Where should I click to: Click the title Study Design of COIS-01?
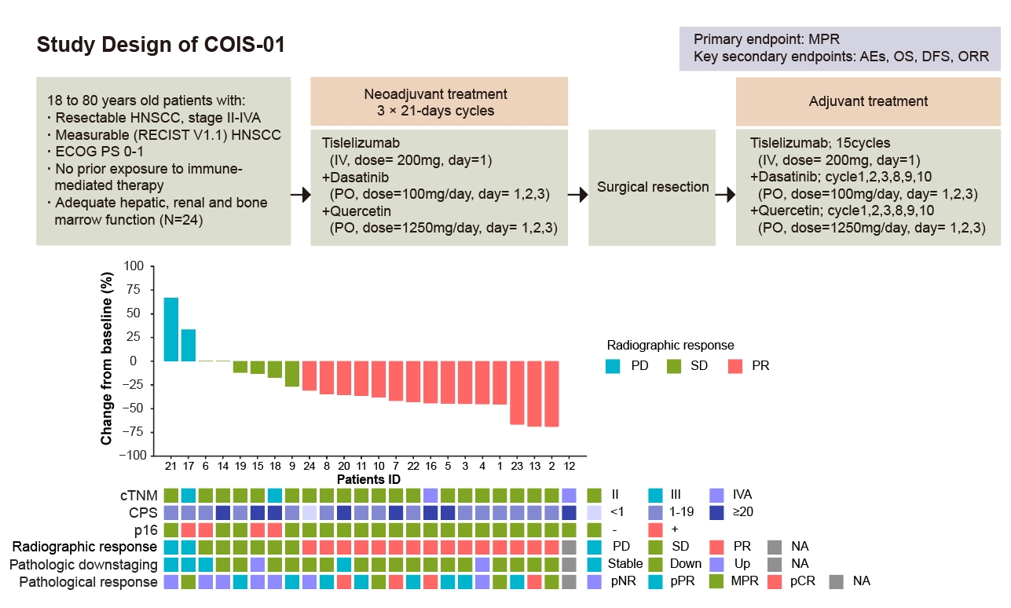coord(160,46)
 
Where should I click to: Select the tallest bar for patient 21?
coord(170,329)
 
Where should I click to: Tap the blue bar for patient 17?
coord(189,345)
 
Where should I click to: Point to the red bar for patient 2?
coord(551,394)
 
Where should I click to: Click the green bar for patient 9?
coord(291,374)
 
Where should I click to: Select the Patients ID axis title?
coord(370,479)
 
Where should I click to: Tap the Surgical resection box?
coord(653,188)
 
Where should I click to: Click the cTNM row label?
coord(139,495)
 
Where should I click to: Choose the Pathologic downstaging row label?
coord(83,564)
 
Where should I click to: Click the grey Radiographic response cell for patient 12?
coord(570,547)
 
